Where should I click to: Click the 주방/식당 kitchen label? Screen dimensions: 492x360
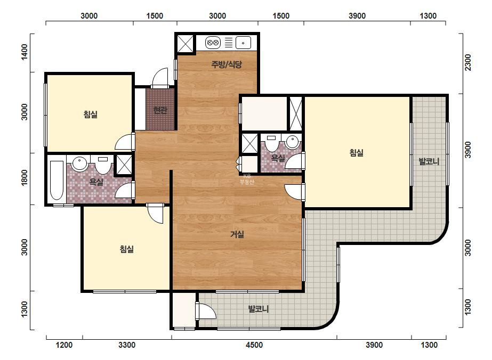coord(227,64)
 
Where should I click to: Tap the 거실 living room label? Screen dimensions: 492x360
coord(237,234)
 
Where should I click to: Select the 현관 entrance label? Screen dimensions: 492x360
coord(160,110)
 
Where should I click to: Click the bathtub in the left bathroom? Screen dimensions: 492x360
coord(57,181)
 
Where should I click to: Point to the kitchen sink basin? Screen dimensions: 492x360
coord(243,43)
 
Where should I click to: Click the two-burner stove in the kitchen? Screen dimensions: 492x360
coord(213,43)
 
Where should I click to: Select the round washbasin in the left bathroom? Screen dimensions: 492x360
coord(79,163)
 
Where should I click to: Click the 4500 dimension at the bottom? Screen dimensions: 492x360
coord(254,345)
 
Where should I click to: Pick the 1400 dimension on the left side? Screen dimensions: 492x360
coord(24,52)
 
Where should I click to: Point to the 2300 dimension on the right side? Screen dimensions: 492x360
coord(468,63)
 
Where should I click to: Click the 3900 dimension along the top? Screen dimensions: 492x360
coord(357,15)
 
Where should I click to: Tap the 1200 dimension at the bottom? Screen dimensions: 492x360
coord(64,345)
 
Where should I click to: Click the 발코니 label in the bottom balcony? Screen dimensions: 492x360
coord(258,309)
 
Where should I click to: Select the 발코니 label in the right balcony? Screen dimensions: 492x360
coord(429,161)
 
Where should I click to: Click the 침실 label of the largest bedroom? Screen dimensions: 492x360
coord(357,153)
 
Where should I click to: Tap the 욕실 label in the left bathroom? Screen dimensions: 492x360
coord(96,182)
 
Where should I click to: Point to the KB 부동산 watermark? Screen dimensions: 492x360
coord(247,179)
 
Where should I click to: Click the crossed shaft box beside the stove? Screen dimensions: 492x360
coord(185,43)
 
